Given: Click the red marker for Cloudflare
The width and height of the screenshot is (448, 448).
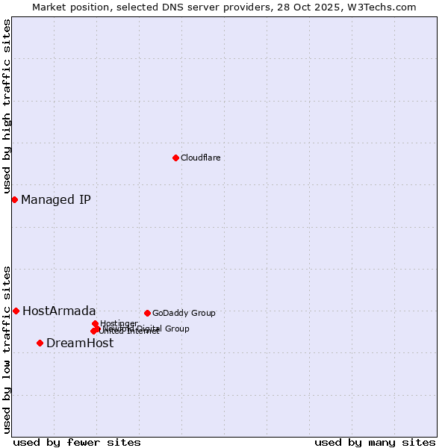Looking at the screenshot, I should coord(175,158).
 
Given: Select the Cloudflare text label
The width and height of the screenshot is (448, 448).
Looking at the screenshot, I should coord(200,158).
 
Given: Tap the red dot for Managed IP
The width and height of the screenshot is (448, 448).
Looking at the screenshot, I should coord(14,199).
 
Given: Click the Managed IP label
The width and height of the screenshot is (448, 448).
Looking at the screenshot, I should coord(56,199).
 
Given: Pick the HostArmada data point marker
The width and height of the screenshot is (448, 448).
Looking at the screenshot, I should coord(16,311).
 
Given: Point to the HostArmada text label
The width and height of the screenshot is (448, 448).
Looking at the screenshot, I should coord(59,311).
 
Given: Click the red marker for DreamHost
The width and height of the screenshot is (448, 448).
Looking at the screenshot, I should coord(40,343).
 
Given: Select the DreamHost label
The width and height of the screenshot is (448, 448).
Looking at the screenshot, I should coord(80,343).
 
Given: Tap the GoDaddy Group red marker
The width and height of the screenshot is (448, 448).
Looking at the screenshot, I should coord(147,313).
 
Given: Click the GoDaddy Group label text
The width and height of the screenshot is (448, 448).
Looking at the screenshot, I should coord(184,313).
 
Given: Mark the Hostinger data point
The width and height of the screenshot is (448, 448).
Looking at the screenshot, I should coord(95,323).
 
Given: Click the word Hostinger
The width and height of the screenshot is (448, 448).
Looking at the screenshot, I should coord(119,323).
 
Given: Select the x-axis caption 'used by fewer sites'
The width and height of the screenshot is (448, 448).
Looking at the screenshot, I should coord(77,442).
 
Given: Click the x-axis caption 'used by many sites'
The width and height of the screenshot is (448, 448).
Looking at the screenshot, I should coord(375,442).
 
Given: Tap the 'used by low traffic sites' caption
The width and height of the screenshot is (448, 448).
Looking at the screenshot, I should coord(7,349).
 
